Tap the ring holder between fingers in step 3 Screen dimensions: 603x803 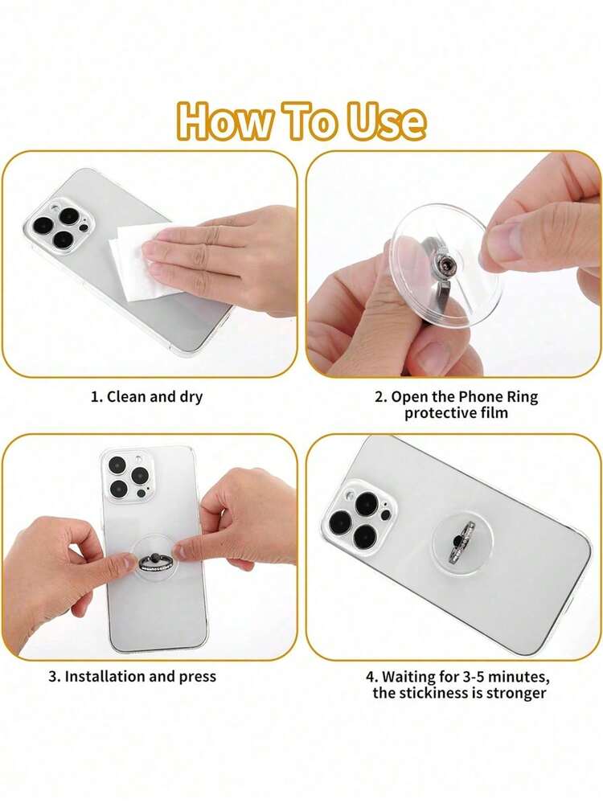(157, 561)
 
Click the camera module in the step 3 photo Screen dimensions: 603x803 (128, 476)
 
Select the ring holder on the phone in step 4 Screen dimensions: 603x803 (464, 543)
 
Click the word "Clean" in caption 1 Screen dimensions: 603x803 (127, 397)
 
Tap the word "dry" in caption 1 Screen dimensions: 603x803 (191, 398)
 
